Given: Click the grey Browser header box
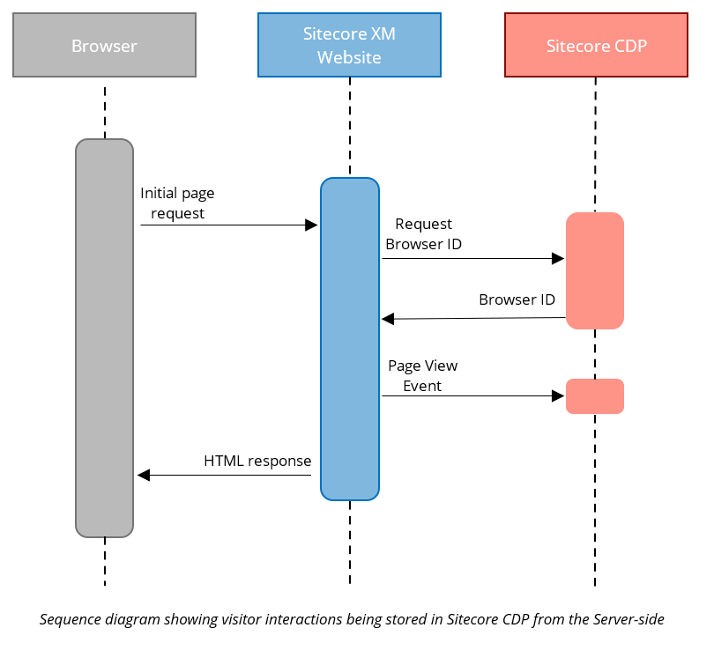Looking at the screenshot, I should click(104, 45).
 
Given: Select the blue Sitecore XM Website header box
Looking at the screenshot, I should click(349, 45).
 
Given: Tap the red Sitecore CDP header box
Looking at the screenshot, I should click(596, 45).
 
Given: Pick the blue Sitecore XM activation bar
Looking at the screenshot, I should click(350, 339).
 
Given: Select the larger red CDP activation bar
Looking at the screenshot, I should click(595, 270).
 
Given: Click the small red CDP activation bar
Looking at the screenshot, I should click(595, 396).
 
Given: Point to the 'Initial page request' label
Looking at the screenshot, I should click(177, 203).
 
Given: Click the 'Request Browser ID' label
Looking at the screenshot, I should click(423, 234).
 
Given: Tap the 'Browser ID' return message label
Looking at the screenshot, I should click(517, 299).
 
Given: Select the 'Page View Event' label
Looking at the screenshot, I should click(422, 375).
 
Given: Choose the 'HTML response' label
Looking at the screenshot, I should click(257, 461).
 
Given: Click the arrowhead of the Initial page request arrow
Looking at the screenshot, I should click(310, 225).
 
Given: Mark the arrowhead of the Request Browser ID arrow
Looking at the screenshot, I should click(557, 259).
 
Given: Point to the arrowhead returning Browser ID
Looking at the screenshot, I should click(388, 319).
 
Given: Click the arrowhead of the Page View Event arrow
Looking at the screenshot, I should click(557, 396).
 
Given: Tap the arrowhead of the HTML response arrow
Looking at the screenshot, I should click(144, 476).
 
